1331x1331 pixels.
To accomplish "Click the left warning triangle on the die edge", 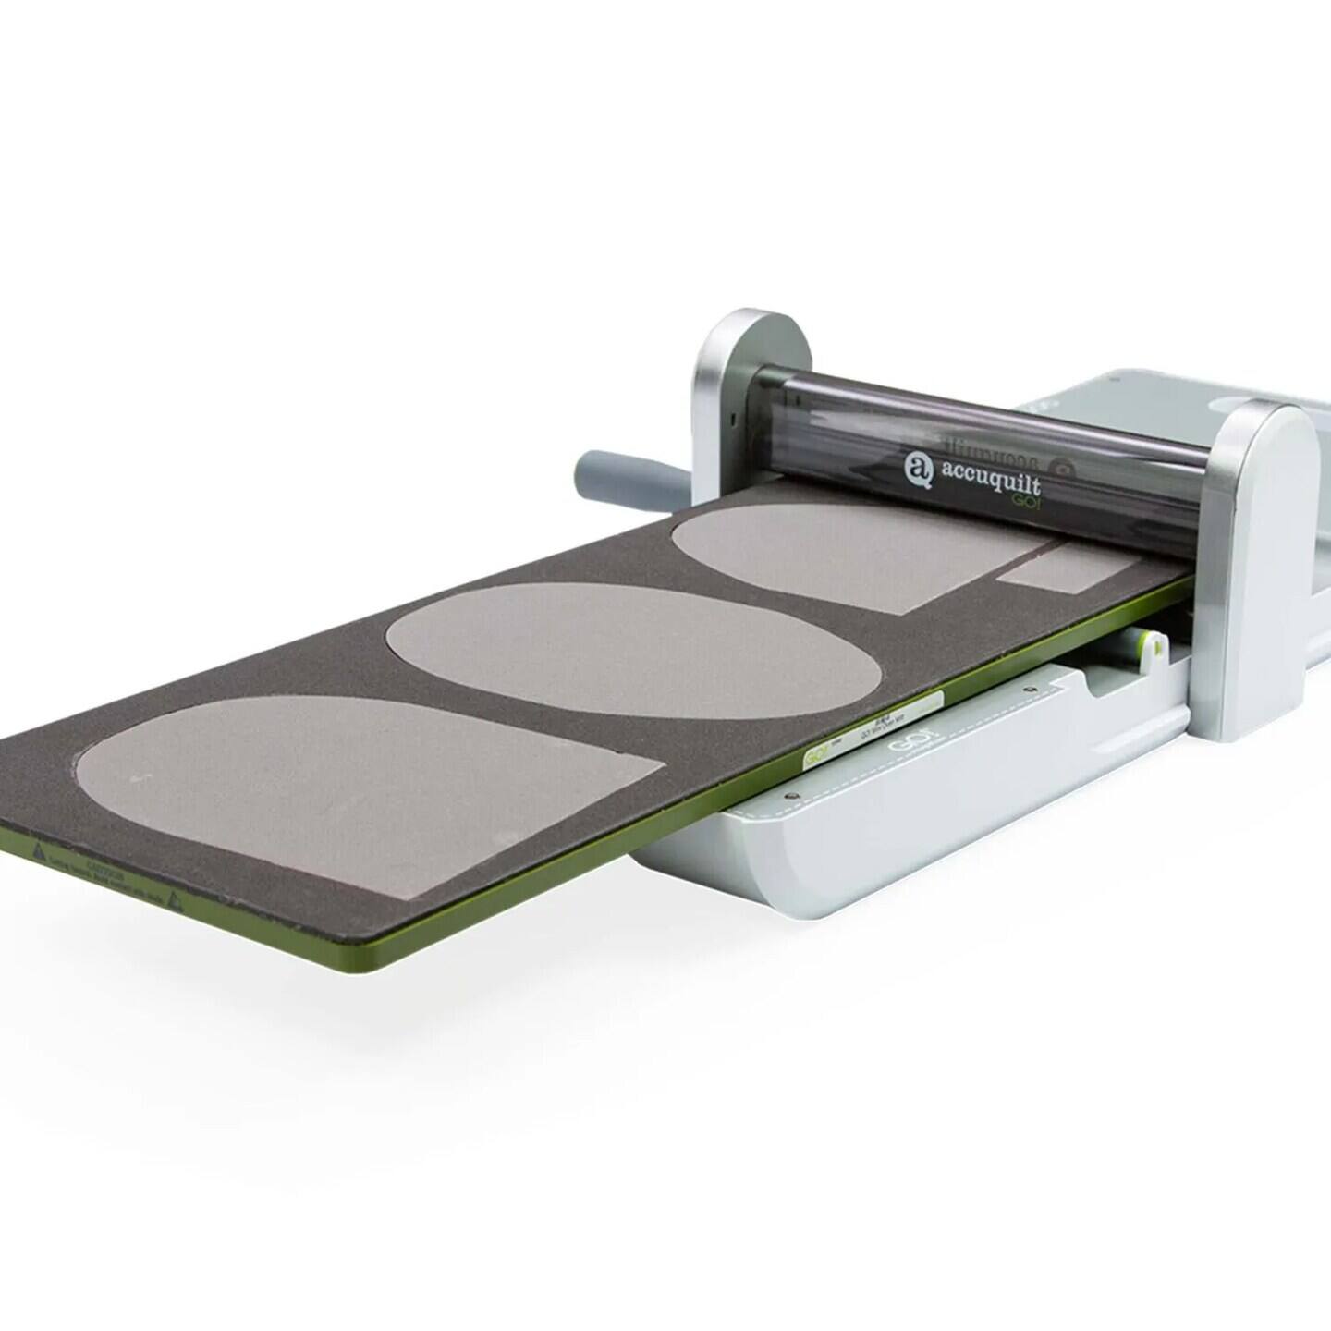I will tap(38, 848).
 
